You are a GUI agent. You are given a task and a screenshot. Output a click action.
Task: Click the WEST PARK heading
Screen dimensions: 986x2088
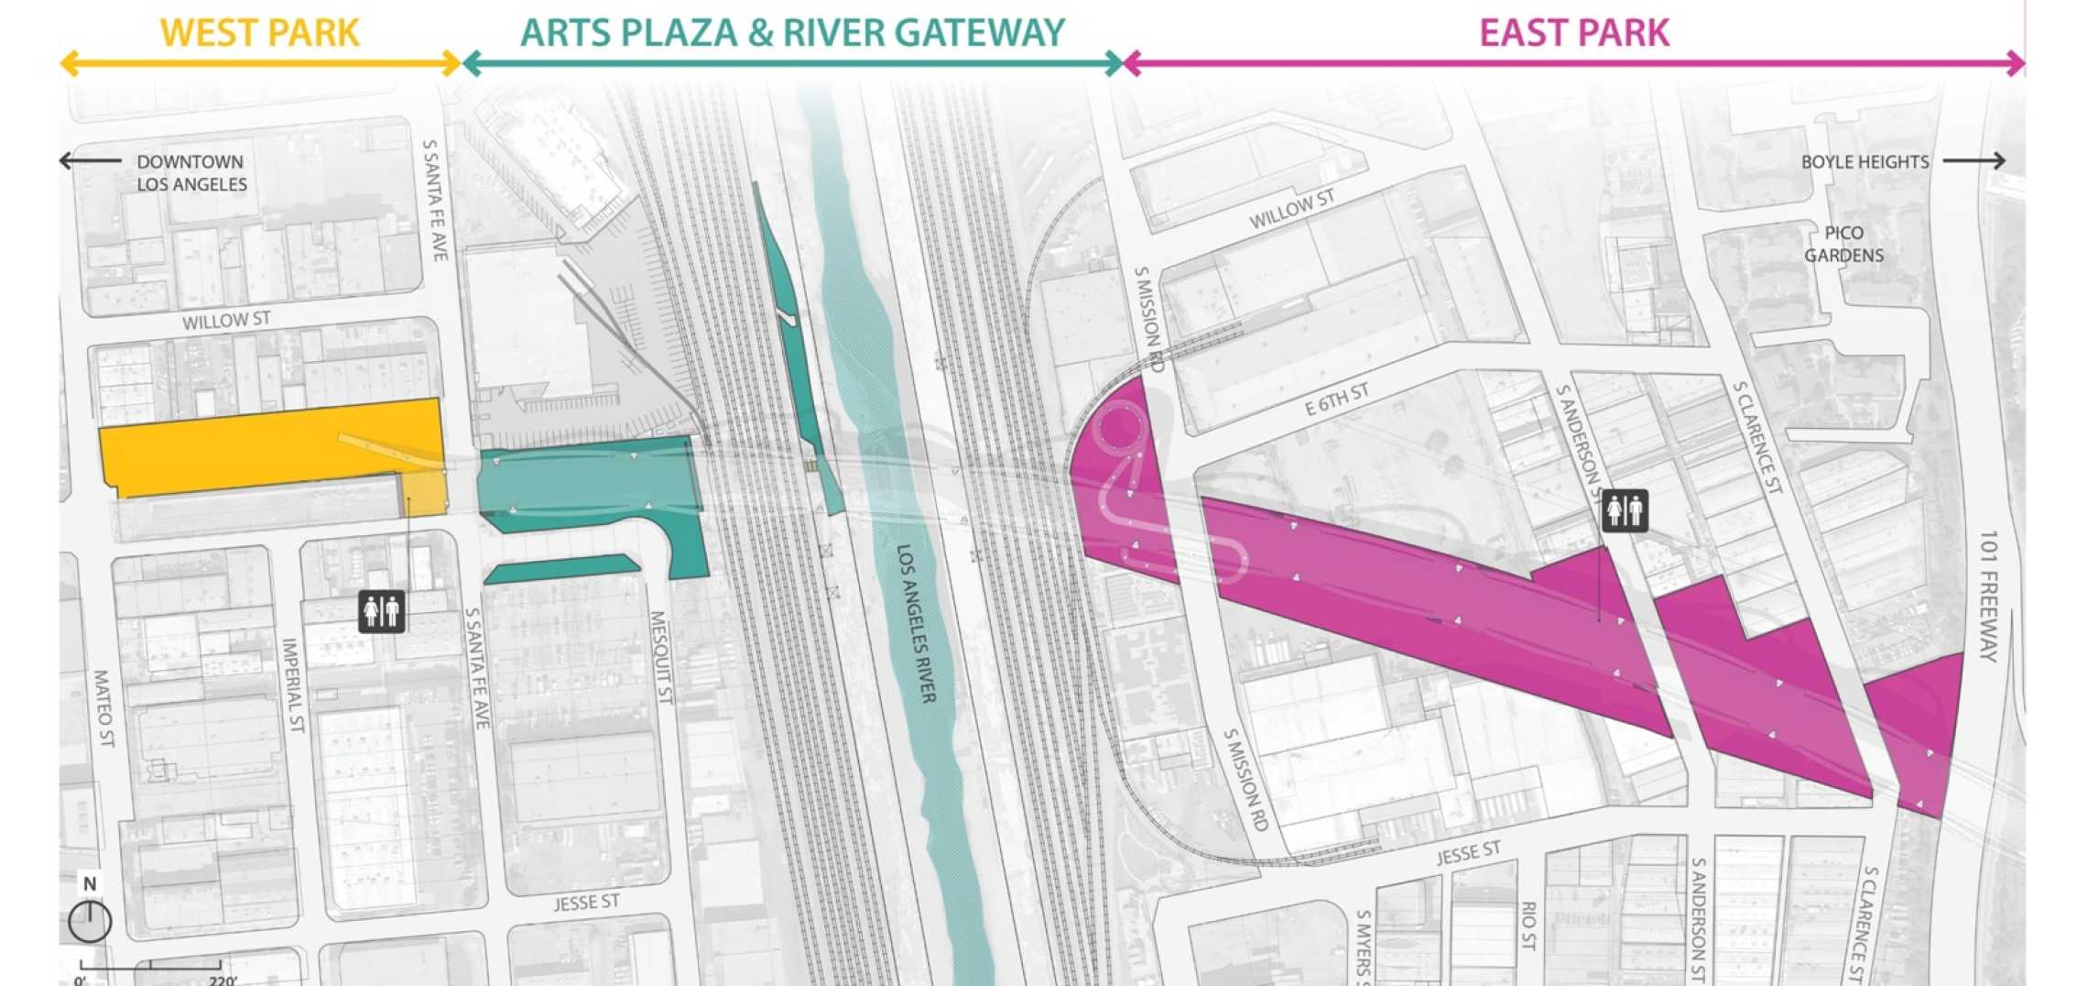[x=259, y=33]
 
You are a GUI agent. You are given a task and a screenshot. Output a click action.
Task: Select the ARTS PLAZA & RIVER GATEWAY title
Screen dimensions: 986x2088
[x=792, y=33]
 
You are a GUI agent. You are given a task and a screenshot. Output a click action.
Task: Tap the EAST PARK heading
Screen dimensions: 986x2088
[x=1574, y=33]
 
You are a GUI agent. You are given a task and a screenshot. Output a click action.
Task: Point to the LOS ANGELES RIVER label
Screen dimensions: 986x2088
[x=916, y=624]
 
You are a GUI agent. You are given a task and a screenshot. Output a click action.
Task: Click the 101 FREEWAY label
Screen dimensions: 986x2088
[x=1987, y=596]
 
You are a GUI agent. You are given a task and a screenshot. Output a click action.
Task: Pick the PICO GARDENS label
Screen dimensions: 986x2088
[x=1843, y=244]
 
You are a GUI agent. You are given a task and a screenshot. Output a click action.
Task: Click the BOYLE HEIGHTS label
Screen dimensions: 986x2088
[x=1865, y=162]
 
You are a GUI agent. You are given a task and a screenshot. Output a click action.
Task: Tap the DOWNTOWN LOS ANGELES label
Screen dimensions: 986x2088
[x=191, y=172]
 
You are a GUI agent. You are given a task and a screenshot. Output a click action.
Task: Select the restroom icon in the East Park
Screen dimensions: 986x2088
[x=1625, y=510]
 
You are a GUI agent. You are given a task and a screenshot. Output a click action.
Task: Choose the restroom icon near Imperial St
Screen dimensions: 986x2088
[x=382, y=610]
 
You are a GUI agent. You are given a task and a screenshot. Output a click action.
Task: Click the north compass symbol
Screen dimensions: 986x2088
[x=90, y=919]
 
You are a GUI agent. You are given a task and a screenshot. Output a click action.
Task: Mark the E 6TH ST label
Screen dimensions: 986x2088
[x=1337, y=400]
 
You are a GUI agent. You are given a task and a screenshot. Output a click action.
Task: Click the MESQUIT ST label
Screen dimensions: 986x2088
[x=661, y=657]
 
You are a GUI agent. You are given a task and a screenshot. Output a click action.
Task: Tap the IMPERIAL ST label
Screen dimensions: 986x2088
[x=292, y=685]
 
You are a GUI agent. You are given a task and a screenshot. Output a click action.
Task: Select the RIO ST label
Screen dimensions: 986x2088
[x=1528, y=926]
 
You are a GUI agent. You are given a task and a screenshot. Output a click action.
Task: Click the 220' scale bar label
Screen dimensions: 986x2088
[x=223, y=980]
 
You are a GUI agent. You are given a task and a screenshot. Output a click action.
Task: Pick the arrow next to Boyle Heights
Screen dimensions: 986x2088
[x=1974, y=161]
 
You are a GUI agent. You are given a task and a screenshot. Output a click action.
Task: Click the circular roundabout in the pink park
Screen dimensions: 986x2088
[x=1118, y=427]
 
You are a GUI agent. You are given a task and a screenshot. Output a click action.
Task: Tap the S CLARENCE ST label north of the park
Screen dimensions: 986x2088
[x=1756, y=437]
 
